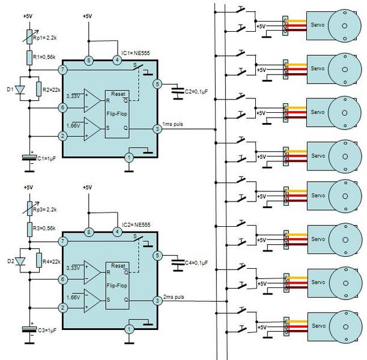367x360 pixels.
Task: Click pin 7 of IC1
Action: tap(62, 70)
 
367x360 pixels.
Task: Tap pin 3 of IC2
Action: tap(157, 301)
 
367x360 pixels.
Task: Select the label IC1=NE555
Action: tap(136, 53)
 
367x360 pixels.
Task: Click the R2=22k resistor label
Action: tap(52, 90)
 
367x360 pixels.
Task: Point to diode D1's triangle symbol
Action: tap(20, 90)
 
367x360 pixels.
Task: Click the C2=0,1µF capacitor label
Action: tap(196, 92)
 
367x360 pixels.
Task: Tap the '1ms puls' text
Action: tap(173, 124)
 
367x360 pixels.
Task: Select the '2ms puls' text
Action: tap(174, 297)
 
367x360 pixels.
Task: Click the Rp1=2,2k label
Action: tap(44, 38)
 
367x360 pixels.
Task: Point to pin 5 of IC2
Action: tap(157, 256)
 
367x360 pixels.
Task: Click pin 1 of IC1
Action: tap(129, 158)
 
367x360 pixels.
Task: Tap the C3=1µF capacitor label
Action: tap(47, 331)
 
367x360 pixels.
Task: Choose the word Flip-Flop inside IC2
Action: tap(117, 286)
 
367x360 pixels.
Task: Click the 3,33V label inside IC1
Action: tap(73, 96)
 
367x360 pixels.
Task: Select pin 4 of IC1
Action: tap(117, 61)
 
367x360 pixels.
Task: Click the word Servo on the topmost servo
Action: tap(318, 25)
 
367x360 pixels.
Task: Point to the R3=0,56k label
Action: tap(44, 228)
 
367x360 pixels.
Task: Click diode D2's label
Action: tap(11, 261)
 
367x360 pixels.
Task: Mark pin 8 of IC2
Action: tap(88, 232)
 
